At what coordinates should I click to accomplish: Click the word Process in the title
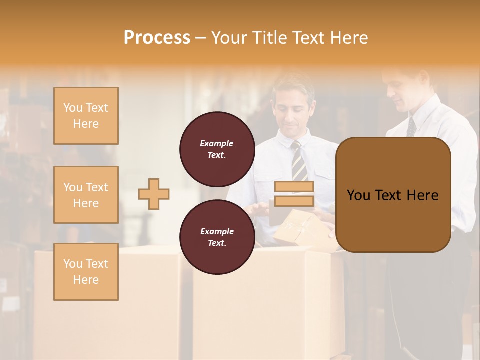point(157,38)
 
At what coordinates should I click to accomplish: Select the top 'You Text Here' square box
point(86,116)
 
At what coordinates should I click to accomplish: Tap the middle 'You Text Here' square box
point(86,195)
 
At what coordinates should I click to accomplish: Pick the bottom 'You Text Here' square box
point(86,272)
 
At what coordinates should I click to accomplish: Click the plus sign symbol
point(154,194)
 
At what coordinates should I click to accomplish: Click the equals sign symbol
point(294,194)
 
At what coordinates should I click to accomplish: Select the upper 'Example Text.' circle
point(217,149)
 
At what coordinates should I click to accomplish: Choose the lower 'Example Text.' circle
point(217,237)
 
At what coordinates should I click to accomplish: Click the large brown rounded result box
point(393,195)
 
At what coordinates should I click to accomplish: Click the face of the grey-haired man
point(294,108)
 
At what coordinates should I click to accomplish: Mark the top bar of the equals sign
point(294,187)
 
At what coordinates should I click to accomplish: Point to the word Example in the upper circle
point(217,143)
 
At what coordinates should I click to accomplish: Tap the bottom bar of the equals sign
point(294,201)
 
